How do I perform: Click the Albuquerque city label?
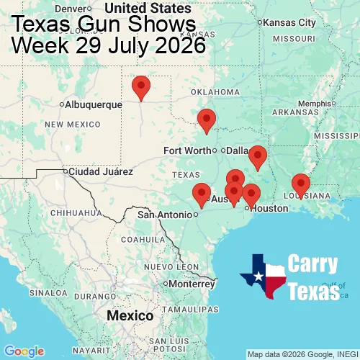point(94,104)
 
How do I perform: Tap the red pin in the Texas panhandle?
point(141,86)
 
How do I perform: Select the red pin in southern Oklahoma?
point(207,120)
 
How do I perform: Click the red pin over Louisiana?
point(300,185)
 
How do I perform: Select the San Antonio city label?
point(165,215)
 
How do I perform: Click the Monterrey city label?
point(192,284)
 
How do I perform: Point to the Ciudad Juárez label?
point(101,172)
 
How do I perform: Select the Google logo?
point(24,351)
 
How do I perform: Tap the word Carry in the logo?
point(313,264)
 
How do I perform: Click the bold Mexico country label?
point(130,316)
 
